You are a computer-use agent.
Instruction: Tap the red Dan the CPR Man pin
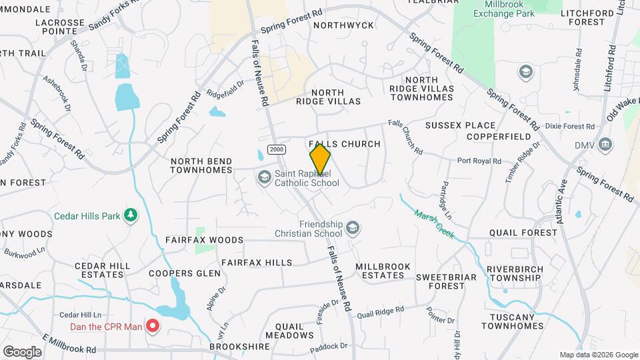(153, 327)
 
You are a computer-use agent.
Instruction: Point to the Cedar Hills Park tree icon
(132, 215)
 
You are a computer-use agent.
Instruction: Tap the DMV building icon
(605, 144)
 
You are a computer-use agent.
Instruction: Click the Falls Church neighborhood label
(345, 144)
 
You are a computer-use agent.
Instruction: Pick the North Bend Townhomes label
(201, 165)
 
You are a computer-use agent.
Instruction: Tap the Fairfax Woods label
(205, 239)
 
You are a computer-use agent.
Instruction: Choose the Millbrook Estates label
(383, 271)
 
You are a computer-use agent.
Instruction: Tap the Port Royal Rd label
(479, 161)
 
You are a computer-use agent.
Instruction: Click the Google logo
(22, 351)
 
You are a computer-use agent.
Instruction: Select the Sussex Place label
(461, 125)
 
